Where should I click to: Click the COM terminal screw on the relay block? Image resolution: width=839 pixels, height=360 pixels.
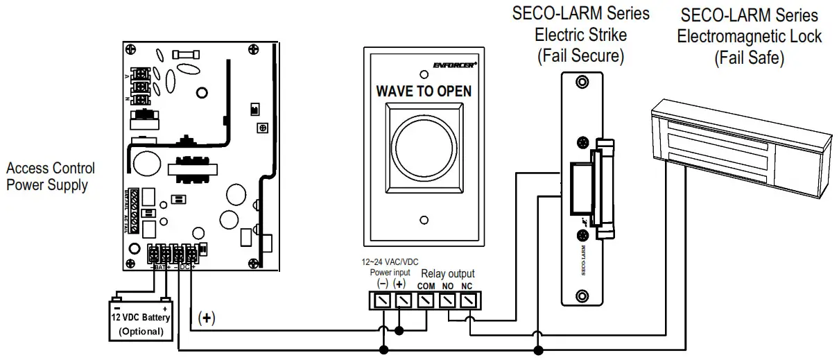[426, 300]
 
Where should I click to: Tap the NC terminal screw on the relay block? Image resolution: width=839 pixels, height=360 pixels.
[469, 300]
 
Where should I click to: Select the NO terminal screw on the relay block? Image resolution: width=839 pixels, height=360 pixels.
[448, 300]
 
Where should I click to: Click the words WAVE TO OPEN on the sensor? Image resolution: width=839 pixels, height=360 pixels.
[423, 91]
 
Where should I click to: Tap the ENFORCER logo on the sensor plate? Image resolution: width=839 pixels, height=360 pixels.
[453, 65]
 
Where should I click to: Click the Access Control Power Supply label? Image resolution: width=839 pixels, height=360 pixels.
[51, 176]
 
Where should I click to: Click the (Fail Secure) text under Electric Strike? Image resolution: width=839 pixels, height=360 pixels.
[580, 56]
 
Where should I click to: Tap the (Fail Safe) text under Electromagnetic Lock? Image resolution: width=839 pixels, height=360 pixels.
[749, 58]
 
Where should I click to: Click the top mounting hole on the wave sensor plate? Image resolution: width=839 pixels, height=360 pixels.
[422, 73]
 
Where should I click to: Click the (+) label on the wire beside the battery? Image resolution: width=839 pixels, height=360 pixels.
[207, 318]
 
